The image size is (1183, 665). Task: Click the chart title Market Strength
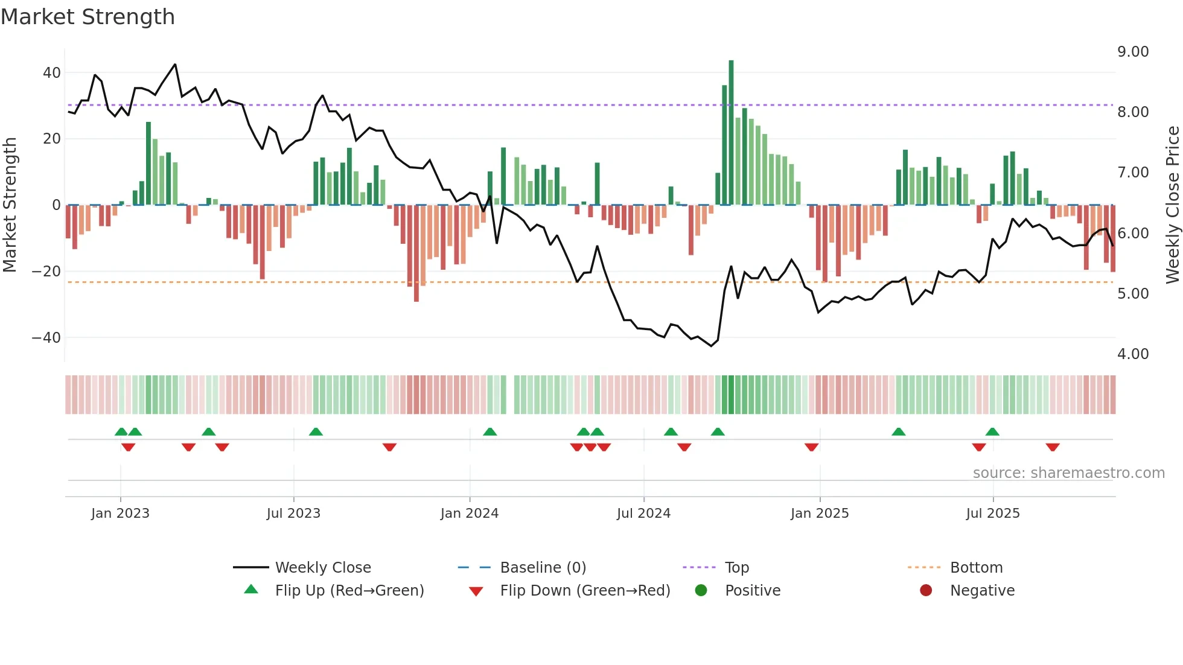click(x=88, y=17)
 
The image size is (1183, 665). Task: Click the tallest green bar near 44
click(x=731, y=133)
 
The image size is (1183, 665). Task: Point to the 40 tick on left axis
click(x=52, y=73)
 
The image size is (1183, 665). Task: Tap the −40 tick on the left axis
click(x=46, y=338)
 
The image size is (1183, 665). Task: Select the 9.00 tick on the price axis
click(x=1132, y=52)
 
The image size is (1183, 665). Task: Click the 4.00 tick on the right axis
click(x=1132, y=354)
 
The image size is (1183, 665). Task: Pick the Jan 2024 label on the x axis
click(x=469, y=514)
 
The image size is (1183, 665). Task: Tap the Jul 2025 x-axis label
click(x=992, y=514)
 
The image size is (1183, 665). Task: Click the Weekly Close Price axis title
click(x=1172, y=205)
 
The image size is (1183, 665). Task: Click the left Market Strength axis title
click(x=10, y=205)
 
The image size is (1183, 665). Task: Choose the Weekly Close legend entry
click(x=322, y=568)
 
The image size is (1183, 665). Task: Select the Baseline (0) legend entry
click(x=543, y=568)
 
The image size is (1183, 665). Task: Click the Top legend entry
click(x=736, y=568)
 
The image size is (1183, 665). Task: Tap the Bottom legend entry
click(x=976, y=568)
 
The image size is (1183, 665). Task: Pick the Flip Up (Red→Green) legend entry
click(x=349, y=591)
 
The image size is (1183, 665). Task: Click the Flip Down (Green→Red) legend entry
click(x=584, y=591)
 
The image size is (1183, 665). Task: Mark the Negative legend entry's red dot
click(x=926, y=591)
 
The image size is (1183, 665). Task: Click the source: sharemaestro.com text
click(x=1068, y=473)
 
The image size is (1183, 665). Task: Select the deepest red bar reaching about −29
click(x=416, y=253)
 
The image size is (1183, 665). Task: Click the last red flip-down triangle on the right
click(x=1053, y=447)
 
